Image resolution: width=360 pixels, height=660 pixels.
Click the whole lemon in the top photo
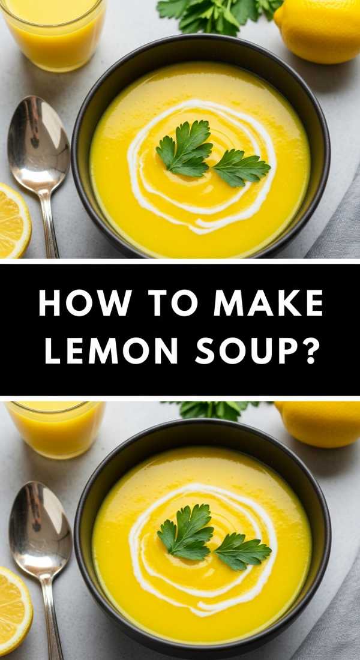point(318,30)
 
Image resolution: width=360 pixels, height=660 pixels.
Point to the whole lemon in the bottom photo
point(321,423)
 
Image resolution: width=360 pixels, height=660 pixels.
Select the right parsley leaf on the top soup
point(240,168)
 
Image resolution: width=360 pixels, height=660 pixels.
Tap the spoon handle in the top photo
point(49,225)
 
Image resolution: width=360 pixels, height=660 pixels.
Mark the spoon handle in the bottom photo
point(53,618)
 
